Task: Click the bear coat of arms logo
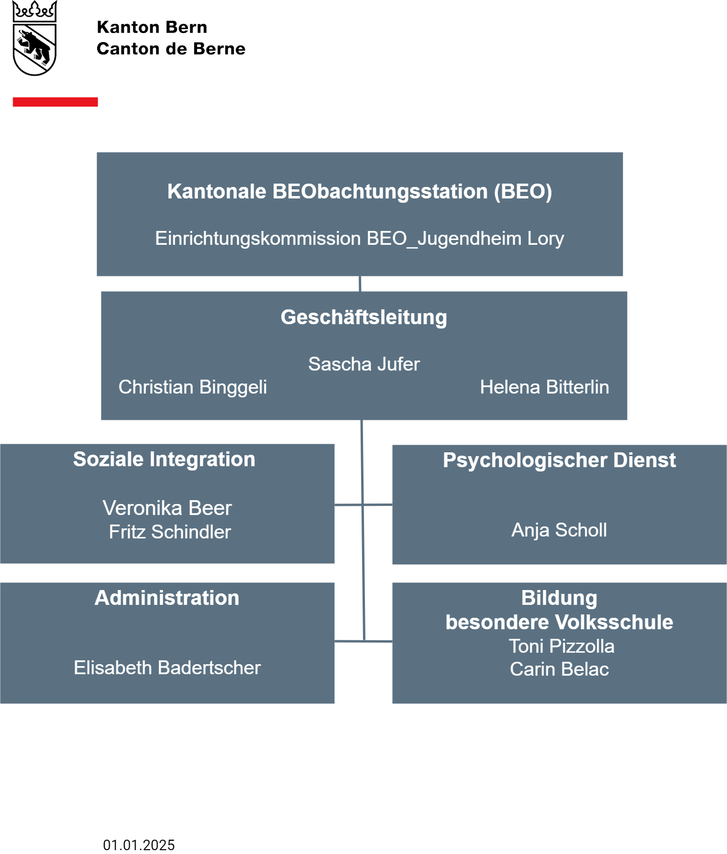34,38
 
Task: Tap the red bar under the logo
55,102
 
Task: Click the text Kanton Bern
152,27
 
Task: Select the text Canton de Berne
171,49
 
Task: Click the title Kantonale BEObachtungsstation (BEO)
360,191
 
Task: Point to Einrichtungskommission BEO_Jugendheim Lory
360,239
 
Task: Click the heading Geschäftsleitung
364,318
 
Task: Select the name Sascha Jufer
364,364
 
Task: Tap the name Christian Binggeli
193,387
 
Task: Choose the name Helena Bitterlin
545,387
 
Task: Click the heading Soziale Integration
165,460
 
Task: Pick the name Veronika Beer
167,508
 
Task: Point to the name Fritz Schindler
170,532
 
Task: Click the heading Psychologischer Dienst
560,460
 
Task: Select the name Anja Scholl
560,530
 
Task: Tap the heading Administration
167,598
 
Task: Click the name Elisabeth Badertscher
167,668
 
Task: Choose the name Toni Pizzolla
562,646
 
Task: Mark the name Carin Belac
560,669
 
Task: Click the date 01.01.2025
139,845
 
